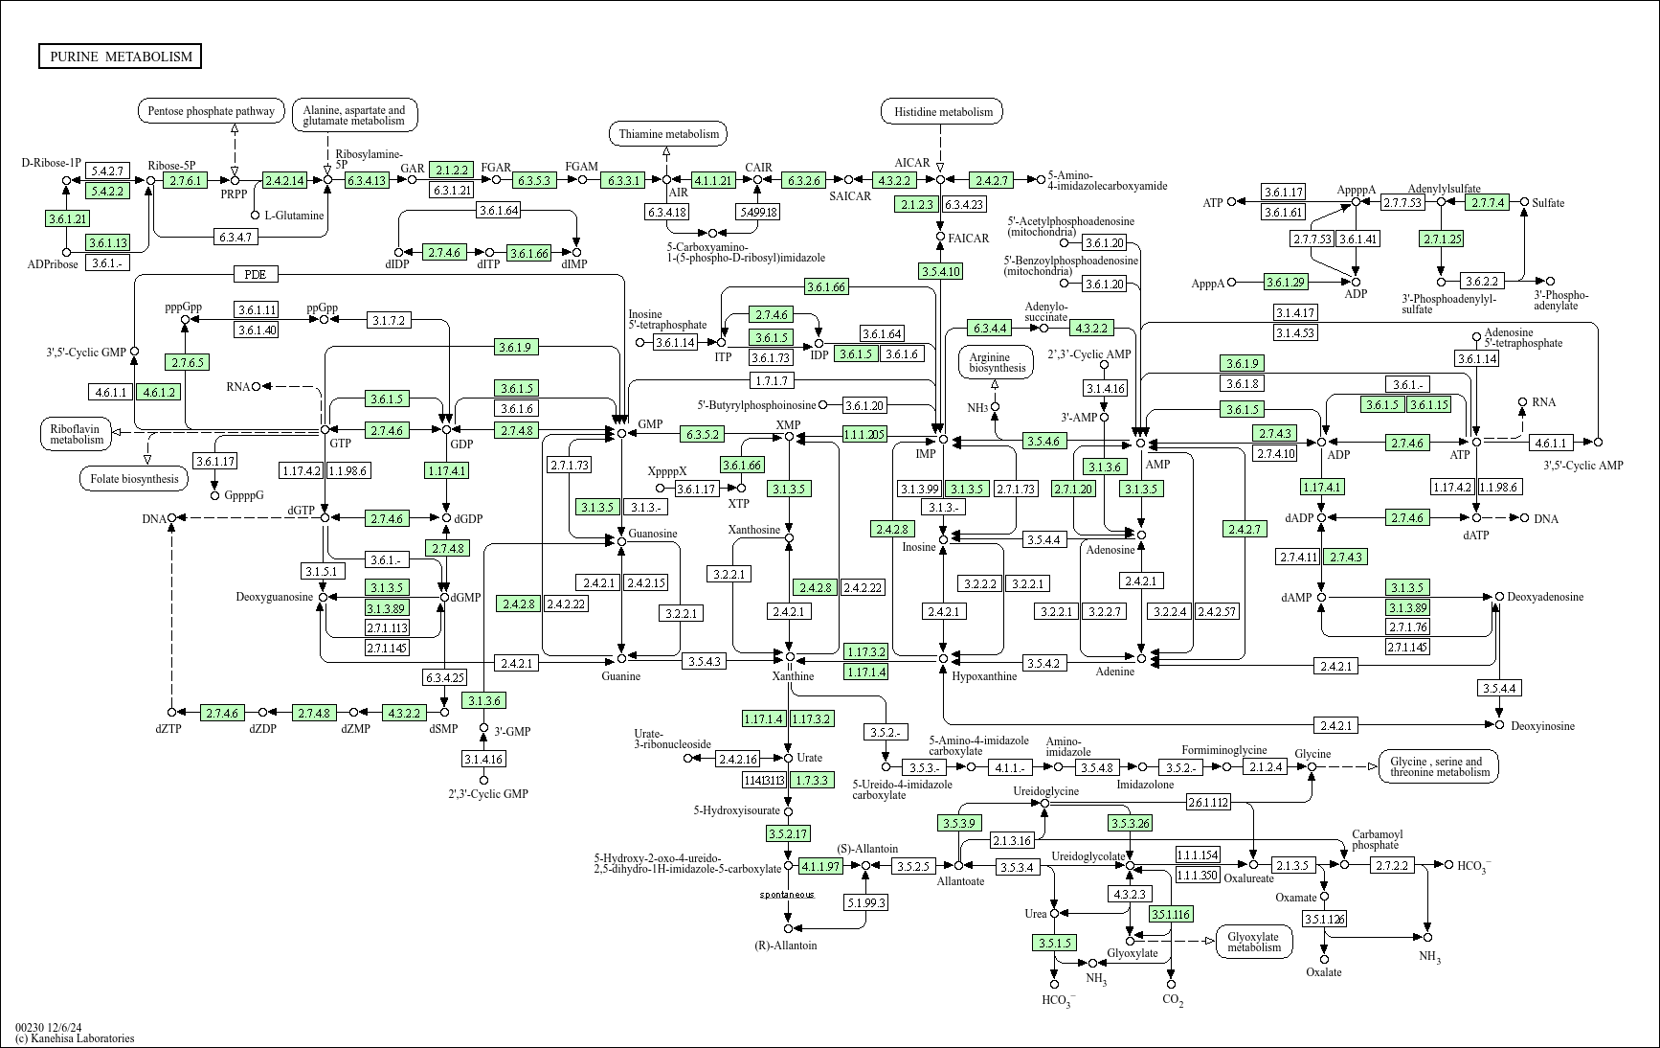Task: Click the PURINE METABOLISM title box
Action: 121,57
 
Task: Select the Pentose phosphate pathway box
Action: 212,111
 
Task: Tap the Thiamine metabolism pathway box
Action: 668,134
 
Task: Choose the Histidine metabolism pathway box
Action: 942,112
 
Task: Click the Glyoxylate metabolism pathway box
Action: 1253,942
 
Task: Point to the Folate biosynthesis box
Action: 134,478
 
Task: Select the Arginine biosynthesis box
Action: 997,362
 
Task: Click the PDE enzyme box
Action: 255,275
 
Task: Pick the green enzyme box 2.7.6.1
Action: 185,180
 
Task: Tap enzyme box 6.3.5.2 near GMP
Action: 702,434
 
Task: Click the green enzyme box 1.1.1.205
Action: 864,434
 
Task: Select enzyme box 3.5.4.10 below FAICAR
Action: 940,271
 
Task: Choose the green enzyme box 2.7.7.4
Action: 1488,202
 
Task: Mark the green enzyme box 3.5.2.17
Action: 788,833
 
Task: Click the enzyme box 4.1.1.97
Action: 820,866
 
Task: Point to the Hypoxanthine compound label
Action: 984,676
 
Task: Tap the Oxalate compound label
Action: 1324,972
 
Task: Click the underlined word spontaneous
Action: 787,895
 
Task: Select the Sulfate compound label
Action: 1548,203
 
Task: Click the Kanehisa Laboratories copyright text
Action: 75,1037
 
